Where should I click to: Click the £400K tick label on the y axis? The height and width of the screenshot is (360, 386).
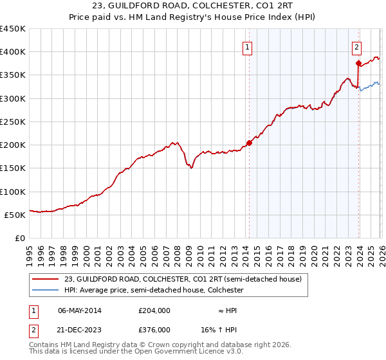(x=13, y=52)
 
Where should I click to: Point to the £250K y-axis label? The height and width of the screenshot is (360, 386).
(x=13, y=122)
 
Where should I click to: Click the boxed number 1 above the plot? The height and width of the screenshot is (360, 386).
(x=248, y=47)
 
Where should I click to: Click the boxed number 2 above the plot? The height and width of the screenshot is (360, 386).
(x=356, y=47)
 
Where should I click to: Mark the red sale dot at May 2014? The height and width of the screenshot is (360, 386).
(x=250, y=143)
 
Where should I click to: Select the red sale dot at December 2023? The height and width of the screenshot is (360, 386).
(x=359, y=63)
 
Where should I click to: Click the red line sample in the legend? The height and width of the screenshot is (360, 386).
(x=46, y=279)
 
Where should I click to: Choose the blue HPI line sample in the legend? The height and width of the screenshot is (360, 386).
(x=46, y=290)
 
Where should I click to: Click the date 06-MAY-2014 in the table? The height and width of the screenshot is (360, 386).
(x=80, y=310)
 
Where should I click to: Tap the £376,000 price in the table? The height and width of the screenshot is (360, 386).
(x=154, y=329)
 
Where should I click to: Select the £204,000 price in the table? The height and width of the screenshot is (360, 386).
(x=154, y=310)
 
